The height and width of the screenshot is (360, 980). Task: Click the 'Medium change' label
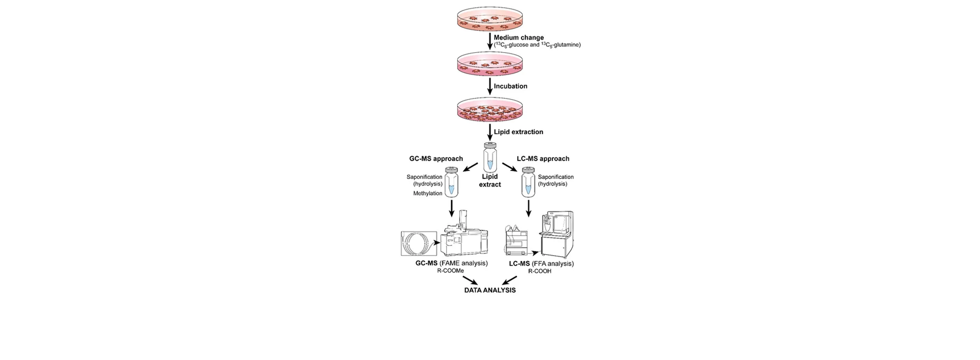click(x=518, y=38)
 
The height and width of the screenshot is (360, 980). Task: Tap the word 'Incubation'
click(x=510, y=86)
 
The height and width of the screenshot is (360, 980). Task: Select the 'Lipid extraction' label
click(x=518, y=132)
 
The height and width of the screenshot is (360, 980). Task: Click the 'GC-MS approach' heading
click(x=436, y=159)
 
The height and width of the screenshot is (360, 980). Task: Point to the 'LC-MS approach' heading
click(x=543, y=159)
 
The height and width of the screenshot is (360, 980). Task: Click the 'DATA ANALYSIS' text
click(x=490, y=291)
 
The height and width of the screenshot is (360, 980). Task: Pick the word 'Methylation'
click(x=428, y=193)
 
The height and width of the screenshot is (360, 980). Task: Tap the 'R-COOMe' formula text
click(x=450, y=271)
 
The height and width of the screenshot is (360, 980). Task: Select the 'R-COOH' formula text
click(x=539, y=271)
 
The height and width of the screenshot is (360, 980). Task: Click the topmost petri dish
click(x=490, y=18)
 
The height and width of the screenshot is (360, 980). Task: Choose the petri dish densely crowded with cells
click(x=490, y=110)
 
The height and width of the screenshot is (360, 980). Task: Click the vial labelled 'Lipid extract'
click(x=490, y=157)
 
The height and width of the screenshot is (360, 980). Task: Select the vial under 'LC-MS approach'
click(x=528, y=182)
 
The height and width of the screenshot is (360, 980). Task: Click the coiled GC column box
click(x=419, y=244)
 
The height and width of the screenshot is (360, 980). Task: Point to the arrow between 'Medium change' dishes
click(x=490, y=41)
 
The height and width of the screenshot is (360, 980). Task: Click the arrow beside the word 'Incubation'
click(x=490, y=86)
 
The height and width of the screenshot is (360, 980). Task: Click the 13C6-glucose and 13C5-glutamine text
click(x=537, y=45)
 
